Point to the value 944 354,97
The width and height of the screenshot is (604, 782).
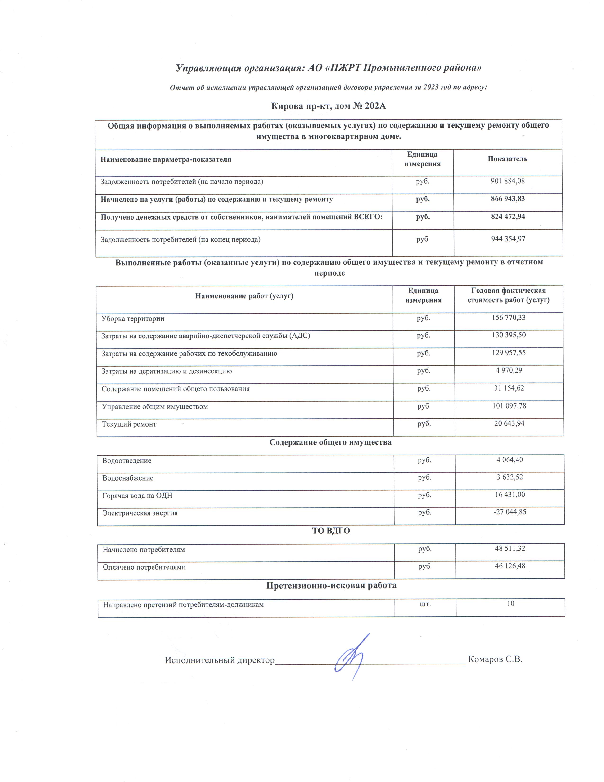[x=508, y=239]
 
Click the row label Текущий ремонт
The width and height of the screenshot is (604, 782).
[x=129, y=424]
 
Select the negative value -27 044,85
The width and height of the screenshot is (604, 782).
[x=509, y=512]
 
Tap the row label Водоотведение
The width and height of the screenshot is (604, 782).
[x=127, y=461]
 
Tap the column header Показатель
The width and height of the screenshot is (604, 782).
[x=507, y=159]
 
